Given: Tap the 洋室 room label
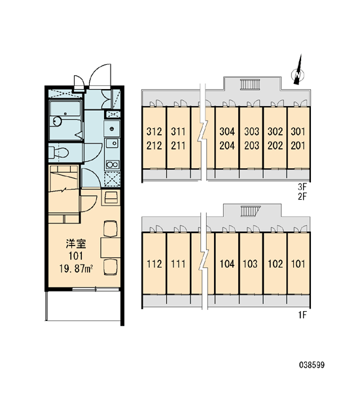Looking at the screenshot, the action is coord(76,244).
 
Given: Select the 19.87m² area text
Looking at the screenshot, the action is coord(77,269).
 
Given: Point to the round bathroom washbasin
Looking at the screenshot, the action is coord(57,121).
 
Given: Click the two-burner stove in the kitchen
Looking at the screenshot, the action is coord(112,164).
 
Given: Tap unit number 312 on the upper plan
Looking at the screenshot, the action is coord(154,132).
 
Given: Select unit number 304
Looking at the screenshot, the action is coord(227,132).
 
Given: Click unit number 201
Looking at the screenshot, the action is coord(298,145).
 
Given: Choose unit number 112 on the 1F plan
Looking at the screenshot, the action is coord(154,264).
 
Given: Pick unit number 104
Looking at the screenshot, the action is coord(227,264).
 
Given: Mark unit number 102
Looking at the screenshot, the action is coord(276,264).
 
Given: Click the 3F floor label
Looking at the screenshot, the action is coord(302,187).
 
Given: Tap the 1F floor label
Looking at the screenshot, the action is coord(302,315).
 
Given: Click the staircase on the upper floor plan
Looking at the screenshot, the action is coord(250,84).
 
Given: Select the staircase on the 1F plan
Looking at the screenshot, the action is coord(250,211).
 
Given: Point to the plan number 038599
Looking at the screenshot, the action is coord(312,365).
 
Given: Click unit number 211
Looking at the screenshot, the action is coord(178,145).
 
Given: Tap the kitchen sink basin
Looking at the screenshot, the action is coord(112,143).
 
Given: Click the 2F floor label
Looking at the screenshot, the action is coord(302,196).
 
